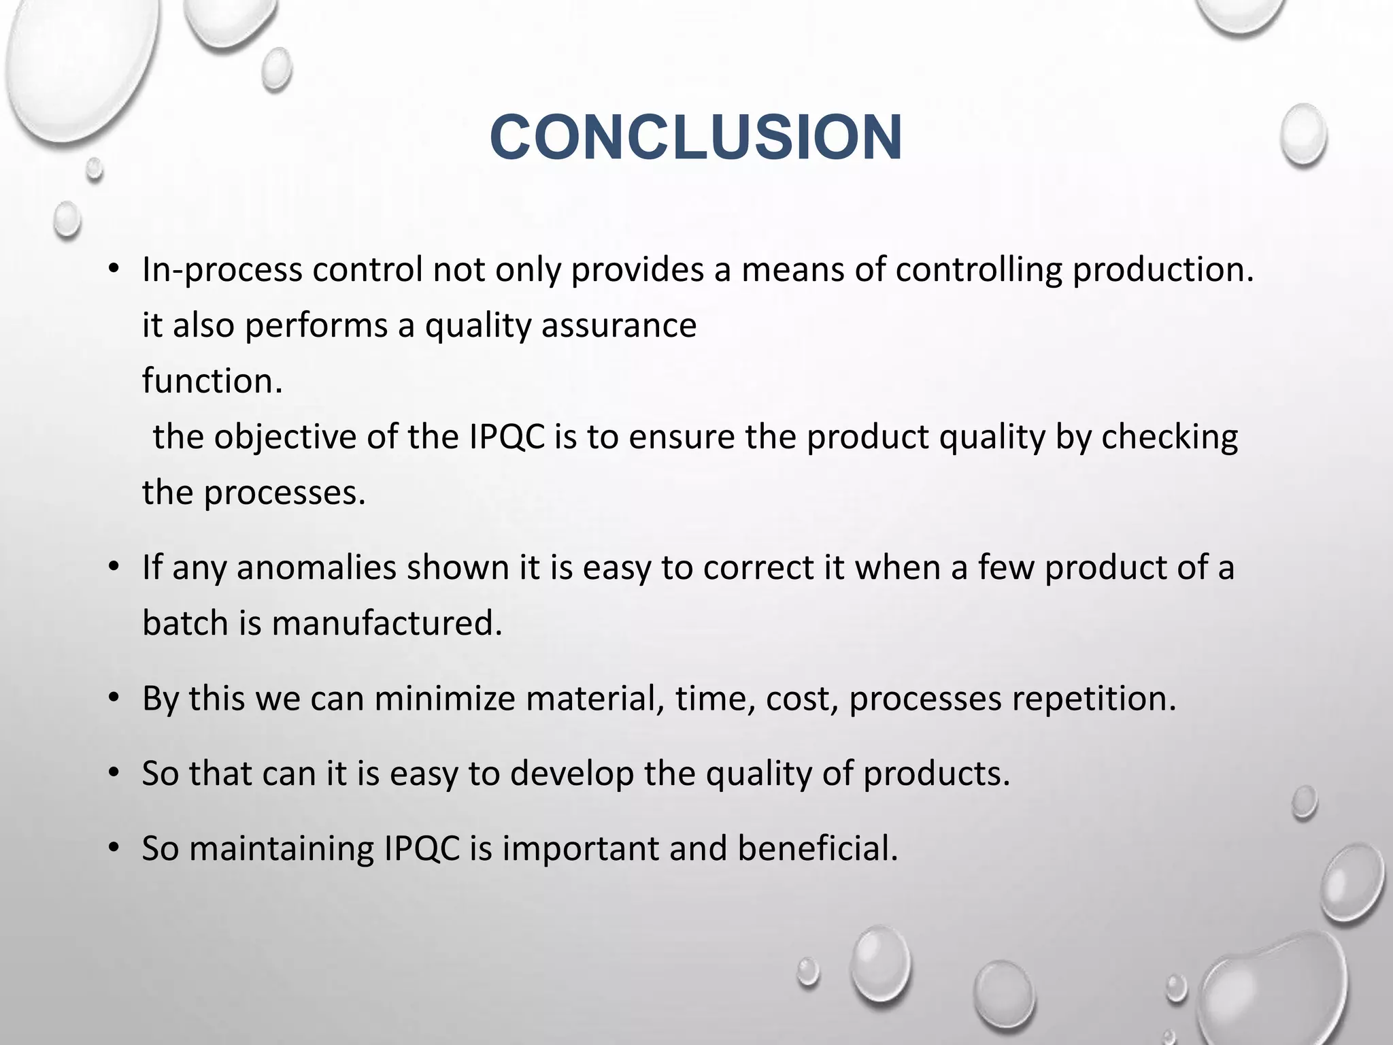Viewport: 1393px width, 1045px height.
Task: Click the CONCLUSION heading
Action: tap(696, 137)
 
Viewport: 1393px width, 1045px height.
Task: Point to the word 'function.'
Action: tap(212, 381)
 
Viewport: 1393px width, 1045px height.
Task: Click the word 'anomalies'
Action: tap(316, 568)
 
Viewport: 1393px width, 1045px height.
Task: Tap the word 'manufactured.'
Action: tap(387, 624)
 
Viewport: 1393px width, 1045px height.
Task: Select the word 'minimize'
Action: tap(444, 699)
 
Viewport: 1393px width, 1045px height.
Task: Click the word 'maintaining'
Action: tap(282, 849)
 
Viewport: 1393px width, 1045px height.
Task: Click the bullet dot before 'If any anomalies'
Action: tap(114, 568)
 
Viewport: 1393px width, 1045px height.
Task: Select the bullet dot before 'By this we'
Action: tap(114, 699)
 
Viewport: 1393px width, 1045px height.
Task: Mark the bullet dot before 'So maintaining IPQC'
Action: tap(114, 849)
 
